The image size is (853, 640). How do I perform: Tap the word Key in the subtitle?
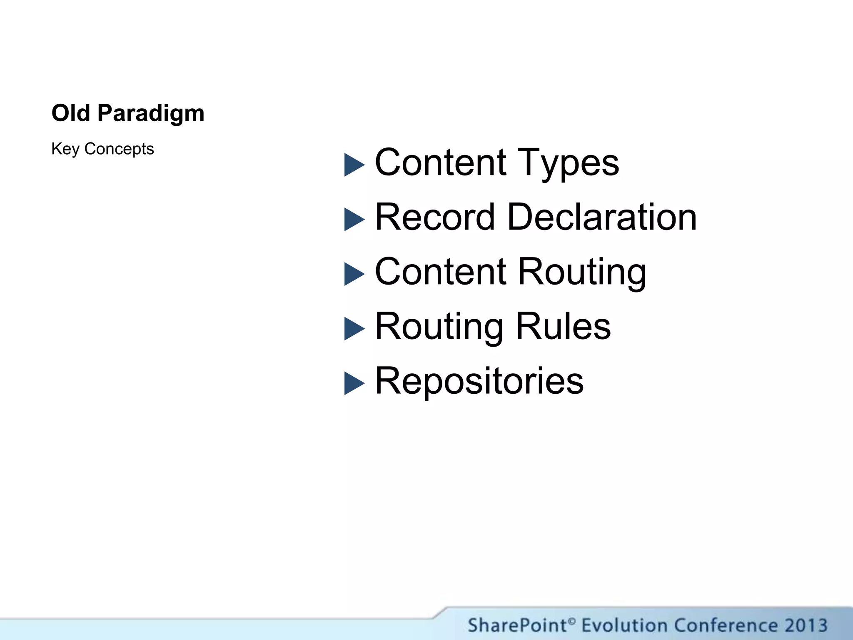(x=65, y=149)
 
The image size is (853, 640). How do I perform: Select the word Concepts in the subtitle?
(x=119, y=149)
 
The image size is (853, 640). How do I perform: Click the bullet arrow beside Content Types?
(x=354, y=165)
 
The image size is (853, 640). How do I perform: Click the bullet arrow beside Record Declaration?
(x=354, y=219)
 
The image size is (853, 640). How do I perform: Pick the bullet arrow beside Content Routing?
(x=354, y=274)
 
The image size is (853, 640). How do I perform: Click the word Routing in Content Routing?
(x=582, y=272)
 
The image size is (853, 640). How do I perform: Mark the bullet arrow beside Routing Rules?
(x=354, y=329)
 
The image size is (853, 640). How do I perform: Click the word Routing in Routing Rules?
(x=439, y=327)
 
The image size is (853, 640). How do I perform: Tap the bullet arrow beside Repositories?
(x=354, y=383)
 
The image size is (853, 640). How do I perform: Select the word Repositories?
(x=479, y=381)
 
